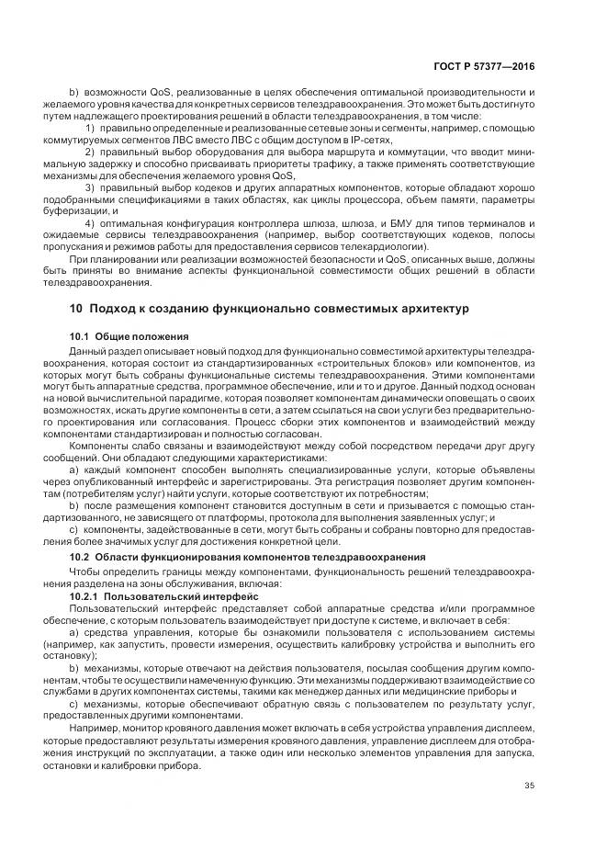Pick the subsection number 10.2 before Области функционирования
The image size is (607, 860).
pos(82,558)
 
